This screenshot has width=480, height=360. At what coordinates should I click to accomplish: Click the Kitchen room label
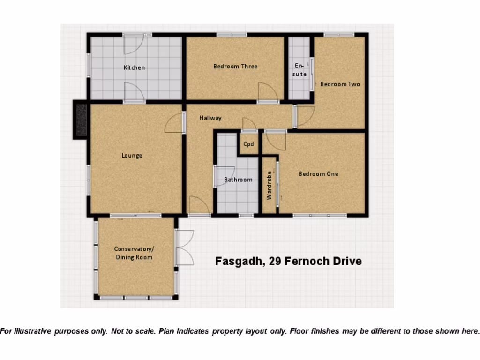tap(134, 67)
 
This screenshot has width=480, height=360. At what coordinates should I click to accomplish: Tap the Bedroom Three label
tap(235, 67)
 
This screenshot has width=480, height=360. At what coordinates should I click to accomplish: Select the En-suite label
tap(300, 70)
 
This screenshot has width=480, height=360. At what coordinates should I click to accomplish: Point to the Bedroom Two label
tap(340, 84)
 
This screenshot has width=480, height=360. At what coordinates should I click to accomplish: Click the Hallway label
tap(210, 118)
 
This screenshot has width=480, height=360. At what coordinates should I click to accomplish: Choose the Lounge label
tap(132, 156)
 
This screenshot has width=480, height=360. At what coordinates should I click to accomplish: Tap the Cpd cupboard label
tap(248, 144)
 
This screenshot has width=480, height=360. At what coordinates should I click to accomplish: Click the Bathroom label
tap(238, 180)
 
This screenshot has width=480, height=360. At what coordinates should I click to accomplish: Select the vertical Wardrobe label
tap(269, 186)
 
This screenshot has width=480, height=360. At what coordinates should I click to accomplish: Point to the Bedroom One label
tap(318, 174)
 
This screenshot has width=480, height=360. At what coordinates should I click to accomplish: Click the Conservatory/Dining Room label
tap(134, 253)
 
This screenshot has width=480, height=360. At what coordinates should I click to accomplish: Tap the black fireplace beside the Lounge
tap(81, 120)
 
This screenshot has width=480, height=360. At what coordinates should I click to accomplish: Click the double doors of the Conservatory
tap(184, 248)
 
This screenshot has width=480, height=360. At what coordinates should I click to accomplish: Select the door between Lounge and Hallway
tap(175, 123)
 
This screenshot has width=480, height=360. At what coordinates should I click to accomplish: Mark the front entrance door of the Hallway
tap(199, 206)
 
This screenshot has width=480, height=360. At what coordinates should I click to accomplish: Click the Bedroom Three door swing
tap(268, 92)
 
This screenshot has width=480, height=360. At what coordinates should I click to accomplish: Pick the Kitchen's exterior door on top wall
tap(133, 44)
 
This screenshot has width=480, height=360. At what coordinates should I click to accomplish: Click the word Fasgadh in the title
tap(237, 261)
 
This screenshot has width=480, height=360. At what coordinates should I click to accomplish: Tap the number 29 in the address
tap(275, 261)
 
